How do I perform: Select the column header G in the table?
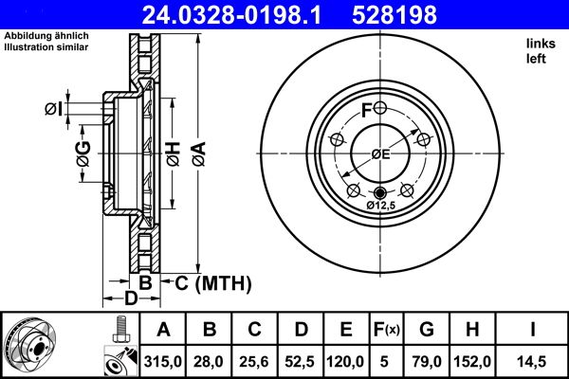(x=427, y=330)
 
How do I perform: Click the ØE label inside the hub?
(x=380, y=154)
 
